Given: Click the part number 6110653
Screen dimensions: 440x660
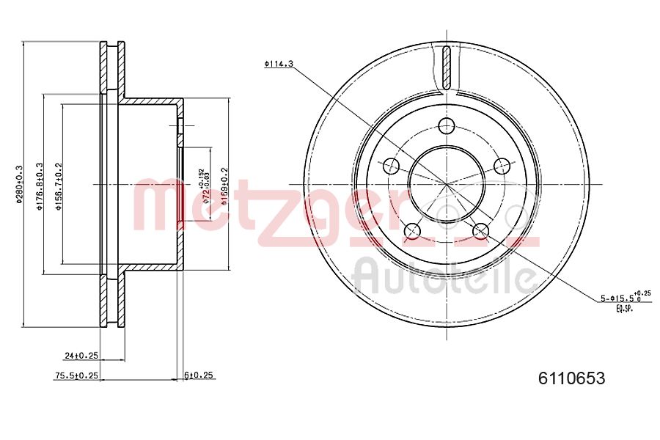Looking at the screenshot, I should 571,378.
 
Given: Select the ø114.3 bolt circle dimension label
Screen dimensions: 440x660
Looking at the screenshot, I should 279,65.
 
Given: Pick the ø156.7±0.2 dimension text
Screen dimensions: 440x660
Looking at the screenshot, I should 59,187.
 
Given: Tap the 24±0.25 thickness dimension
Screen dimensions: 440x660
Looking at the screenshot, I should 81,356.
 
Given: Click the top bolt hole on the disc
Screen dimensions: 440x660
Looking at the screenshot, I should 447,125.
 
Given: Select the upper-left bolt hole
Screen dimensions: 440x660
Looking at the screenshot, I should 392,165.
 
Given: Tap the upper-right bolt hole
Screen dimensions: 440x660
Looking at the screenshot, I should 502,165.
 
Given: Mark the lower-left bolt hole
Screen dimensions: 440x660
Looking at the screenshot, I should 412,231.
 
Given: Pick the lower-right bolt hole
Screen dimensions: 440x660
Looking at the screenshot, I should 481,231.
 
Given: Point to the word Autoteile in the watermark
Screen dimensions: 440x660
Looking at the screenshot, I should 444,276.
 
